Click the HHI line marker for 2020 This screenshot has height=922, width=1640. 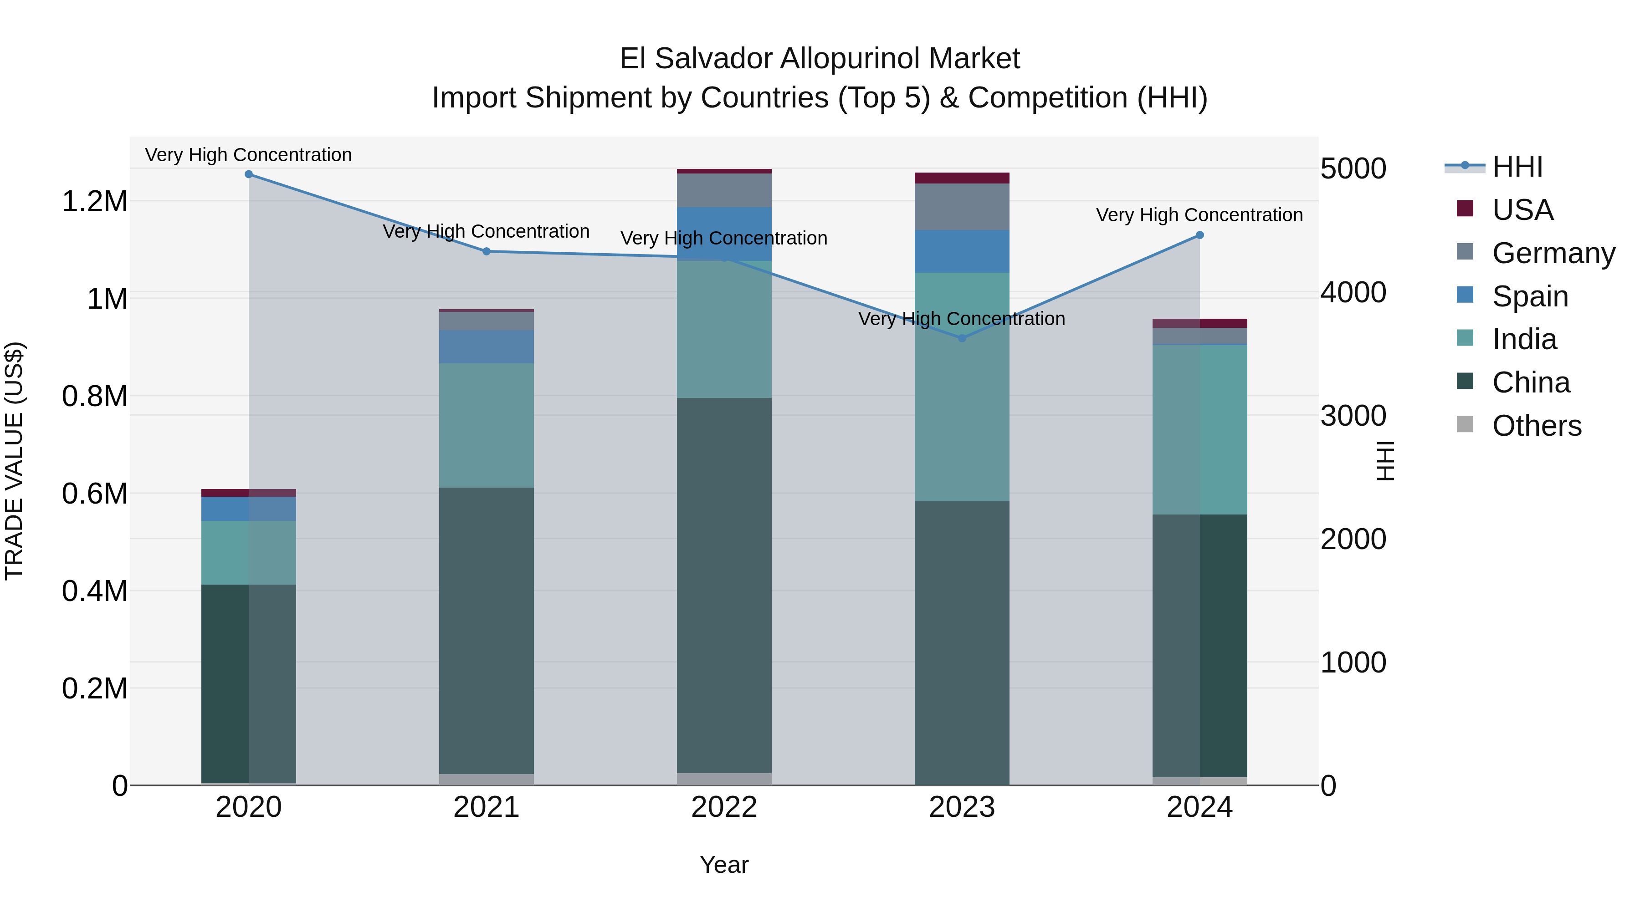[x=249, y=174]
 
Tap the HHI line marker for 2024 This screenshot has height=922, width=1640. [x=1199, y=235]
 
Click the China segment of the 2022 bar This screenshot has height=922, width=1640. [x=724, y=586]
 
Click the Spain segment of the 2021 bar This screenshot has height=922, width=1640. [x=487, y=347]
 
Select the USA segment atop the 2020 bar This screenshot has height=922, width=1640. [x=249, y=493]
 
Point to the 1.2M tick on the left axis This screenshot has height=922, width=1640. [x=94, y=202]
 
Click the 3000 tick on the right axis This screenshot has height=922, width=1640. [x=1353, y=416]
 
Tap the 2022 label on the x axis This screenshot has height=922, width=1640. [x=724, y=807]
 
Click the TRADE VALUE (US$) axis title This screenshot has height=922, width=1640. [x=15, y=461]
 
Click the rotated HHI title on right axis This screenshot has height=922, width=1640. [x=1385, y=461]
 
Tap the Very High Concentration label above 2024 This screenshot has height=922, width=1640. [x=1199, y=215]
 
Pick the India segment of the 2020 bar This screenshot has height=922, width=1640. [x=249, y=552]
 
